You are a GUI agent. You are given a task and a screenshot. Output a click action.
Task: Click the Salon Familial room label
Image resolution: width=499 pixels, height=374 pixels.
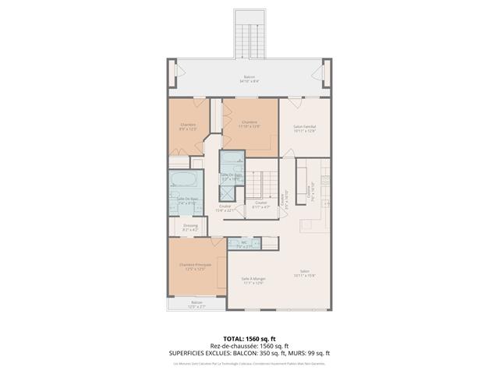(303, 129)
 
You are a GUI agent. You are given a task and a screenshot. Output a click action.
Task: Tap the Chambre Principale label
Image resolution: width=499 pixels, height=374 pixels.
(195, 267)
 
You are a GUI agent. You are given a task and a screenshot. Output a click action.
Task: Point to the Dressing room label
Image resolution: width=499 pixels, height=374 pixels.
(190, 229)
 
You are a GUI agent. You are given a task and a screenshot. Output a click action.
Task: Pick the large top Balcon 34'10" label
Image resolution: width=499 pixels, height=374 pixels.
(249, 79)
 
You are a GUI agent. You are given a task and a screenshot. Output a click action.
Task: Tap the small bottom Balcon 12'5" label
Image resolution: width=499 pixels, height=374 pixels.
(195, 304)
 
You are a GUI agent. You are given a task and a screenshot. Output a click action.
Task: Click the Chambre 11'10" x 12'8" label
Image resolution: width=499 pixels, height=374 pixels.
(249, 124)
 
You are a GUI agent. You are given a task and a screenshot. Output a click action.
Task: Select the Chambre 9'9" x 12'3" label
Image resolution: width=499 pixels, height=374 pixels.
(188, 126)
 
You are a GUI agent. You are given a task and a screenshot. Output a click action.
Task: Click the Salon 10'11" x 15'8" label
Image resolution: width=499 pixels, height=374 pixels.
(303, 273)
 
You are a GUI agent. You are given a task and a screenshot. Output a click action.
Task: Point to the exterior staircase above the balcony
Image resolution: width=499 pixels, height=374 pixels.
(249, 35)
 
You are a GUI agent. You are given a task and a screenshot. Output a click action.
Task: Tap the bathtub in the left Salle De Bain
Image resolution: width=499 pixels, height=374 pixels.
(186, 184)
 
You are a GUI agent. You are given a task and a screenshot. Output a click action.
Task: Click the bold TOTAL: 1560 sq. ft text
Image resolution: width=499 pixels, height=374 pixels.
(249, 339)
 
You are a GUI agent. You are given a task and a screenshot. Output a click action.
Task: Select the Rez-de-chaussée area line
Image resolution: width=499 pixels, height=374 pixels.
(249, 346)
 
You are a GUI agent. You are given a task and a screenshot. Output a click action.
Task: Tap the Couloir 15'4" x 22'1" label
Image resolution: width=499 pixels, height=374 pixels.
(225, 208)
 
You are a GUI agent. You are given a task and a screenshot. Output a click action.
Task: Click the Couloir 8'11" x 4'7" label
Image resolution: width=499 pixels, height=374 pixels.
(261, 205)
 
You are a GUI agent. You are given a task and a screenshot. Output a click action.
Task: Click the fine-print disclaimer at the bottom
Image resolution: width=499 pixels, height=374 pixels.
(249, 362)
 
